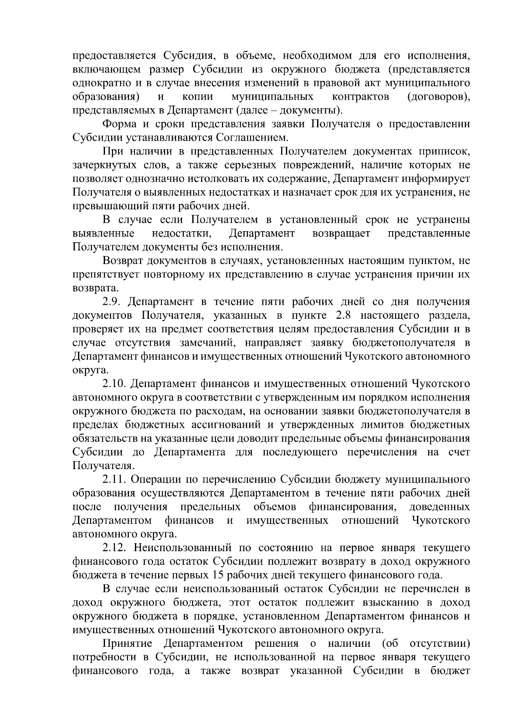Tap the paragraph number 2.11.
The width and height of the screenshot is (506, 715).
pyautogui.click(x=114, y=479)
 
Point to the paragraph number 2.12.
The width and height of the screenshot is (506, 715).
pyautogui.click(x=114, y=548)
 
